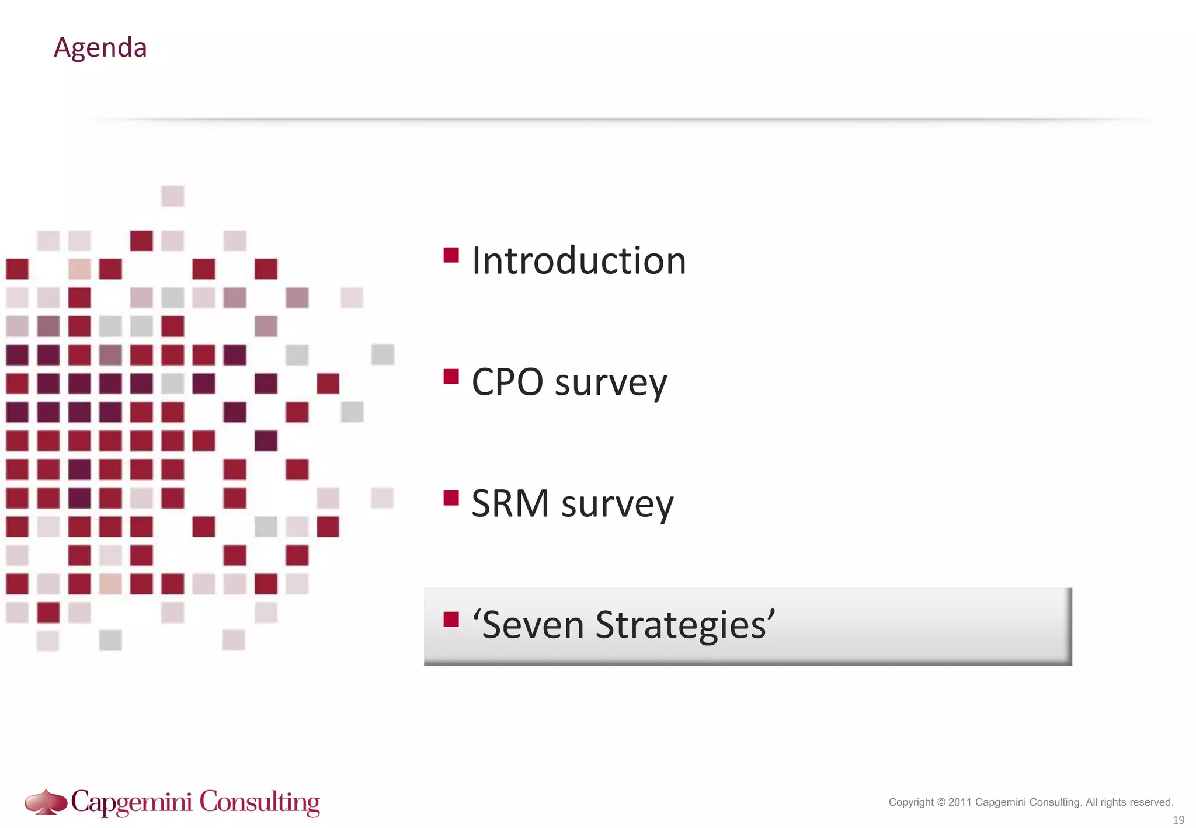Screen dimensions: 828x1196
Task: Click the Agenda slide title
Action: coord(100,47)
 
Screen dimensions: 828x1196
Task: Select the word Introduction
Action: coord(578,260)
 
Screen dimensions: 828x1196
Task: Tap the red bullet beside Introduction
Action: coord(451,255)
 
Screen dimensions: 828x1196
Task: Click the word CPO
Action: coord(507,382)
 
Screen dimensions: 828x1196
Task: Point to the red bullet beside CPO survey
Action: coord(451,377)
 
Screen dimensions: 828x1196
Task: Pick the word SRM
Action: coord(510,503)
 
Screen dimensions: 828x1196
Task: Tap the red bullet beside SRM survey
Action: coord(451,498)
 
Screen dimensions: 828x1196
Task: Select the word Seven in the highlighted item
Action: coord(533,625)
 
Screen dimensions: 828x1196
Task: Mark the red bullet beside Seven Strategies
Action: coord(451,620)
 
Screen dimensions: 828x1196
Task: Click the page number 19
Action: coord(1178,820)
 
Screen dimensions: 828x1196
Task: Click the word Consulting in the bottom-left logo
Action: coord(260,802)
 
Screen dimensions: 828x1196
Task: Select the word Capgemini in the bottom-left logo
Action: coord(132,802)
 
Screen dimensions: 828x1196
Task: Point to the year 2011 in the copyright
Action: coord(960,802)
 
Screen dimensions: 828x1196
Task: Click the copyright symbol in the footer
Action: coord(941,802)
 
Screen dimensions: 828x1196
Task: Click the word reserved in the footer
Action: coord(1151,802)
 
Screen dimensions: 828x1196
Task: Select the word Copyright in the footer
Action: coord(911,802)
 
